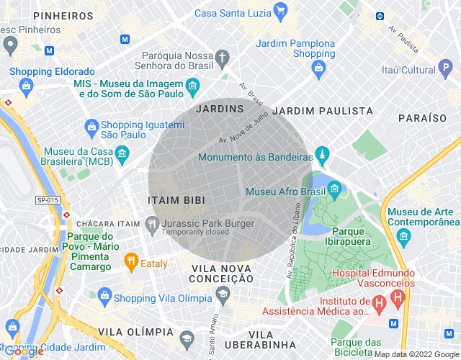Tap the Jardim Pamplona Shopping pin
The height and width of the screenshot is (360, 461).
coord(319,68)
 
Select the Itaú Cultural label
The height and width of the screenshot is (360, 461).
coord(408,70)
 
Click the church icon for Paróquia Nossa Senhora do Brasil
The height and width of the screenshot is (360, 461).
coord(223,58)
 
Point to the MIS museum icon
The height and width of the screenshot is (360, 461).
coord(192,88)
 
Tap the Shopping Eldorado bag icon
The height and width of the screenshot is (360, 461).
coord(27,86)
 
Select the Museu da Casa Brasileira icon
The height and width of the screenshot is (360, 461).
coord(122,153)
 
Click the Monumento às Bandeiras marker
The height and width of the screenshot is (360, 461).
coord(322,155)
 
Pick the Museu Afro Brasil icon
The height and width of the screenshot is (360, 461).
coord(334,190)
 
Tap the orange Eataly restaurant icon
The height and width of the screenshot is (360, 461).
coord(130,261)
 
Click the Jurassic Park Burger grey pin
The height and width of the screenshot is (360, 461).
coord(152,224)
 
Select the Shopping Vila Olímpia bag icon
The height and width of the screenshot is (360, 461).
coord(105,296)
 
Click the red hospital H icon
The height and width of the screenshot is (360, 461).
coord(378,305)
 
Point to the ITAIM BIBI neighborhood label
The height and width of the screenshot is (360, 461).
coord(176,200)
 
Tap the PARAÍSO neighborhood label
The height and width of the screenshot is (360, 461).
coord(423,117)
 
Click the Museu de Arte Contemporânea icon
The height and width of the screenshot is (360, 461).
coord(404,236)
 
